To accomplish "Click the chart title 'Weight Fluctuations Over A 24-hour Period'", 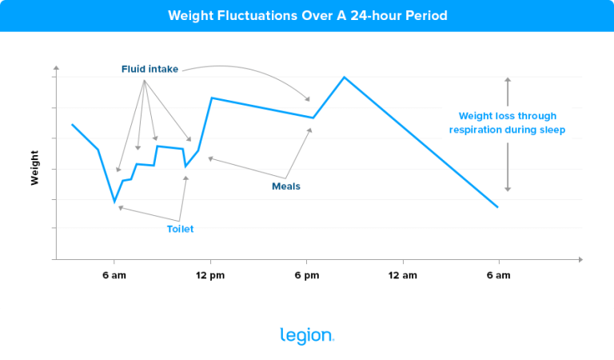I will coord(307,15).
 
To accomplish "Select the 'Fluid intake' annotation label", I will coord(150,70).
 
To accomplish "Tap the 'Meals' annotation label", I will coord(286,186).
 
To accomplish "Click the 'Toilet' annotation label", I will coord(180,229).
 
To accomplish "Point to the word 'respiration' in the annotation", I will coord(476,130).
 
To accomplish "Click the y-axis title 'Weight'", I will coord(35,167).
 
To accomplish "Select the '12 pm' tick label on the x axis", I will coord(210,276).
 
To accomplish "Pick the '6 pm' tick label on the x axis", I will coord(306,276).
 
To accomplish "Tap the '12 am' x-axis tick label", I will coord(402,276).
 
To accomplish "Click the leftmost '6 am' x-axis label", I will coord(114,276).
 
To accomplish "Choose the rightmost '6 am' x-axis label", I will coord(498,276).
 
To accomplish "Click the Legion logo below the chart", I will coord(307,336).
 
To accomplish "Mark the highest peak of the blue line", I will coord(344,78).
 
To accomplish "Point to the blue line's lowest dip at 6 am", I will coord(114,202).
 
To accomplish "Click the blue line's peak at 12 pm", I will coord(211,98).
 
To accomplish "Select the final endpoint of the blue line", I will coord(497,207).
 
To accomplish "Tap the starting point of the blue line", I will coord(72,125).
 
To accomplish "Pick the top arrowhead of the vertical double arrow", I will coord(507,80).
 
